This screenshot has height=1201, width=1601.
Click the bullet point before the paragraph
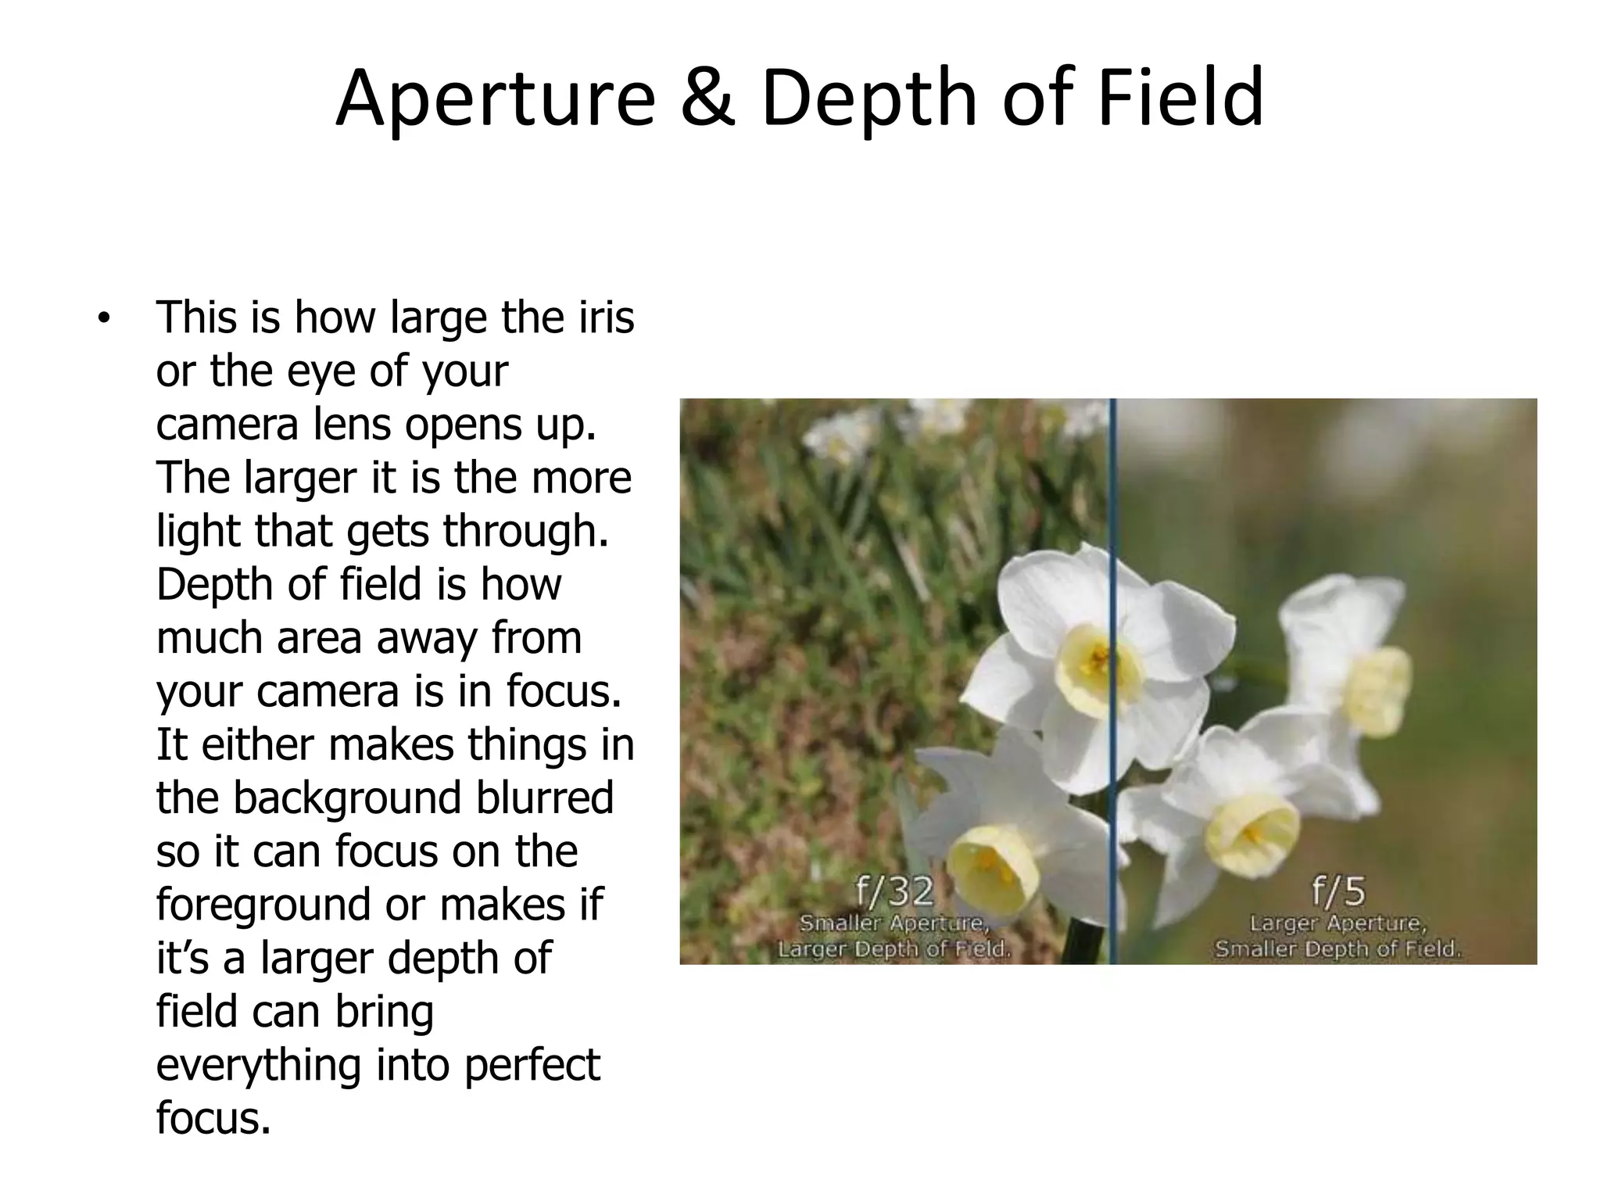(102, 319)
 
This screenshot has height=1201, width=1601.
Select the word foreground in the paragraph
(263, 905)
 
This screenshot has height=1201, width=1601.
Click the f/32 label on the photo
(894, 891)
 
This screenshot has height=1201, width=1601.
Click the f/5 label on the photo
(1338, 891)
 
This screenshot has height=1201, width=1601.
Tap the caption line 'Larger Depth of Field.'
(894, 950)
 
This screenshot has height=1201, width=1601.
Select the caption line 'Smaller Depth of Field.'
(1338, 950)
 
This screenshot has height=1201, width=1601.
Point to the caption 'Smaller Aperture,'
(894, 923)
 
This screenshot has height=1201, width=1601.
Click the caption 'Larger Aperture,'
(1338, 923)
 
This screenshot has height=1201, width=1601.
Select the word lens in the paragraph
(355, 425)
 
